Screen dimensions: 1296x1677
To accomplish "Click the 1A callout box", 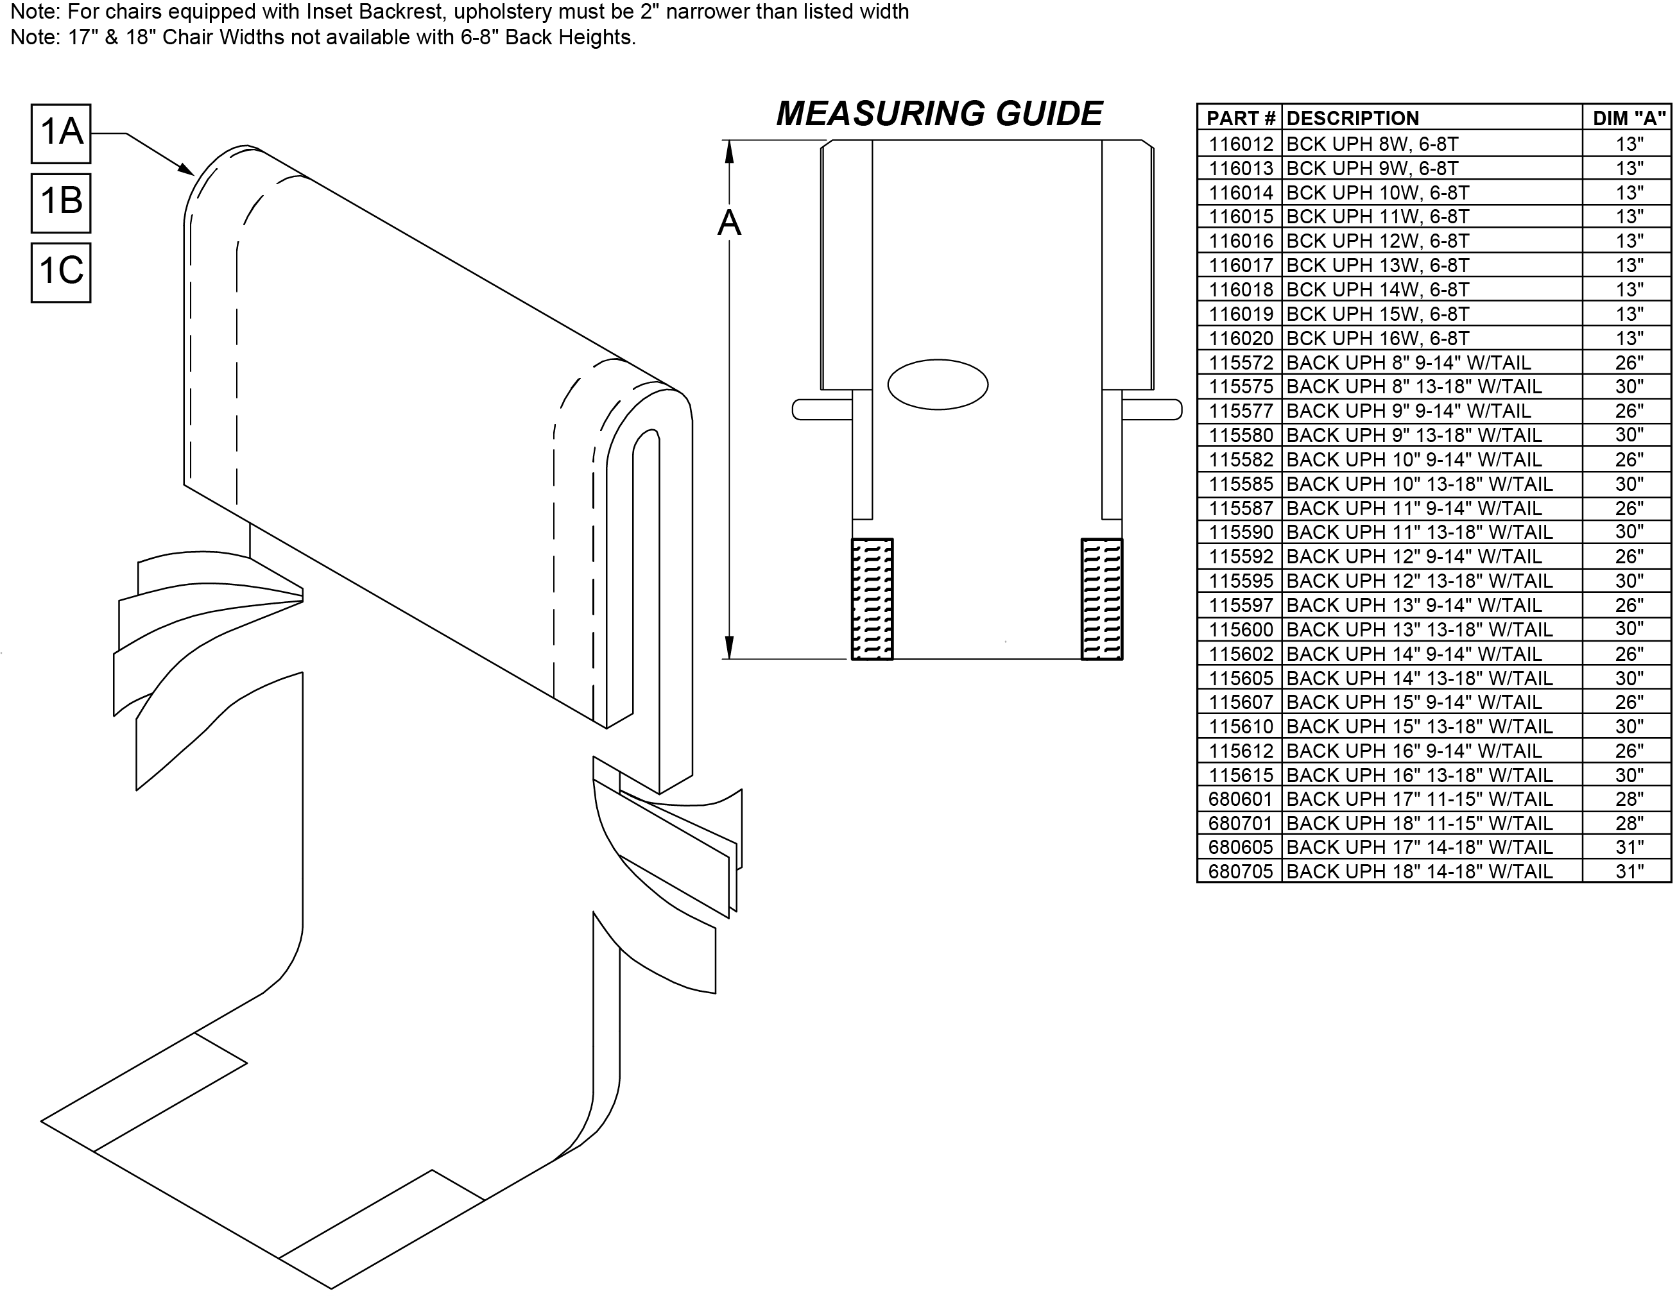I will (61, 133).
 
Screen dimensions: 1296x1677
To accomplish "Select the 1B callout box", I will (61, 203).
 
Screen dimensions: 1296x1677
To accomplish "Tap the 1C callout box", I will (61, 273).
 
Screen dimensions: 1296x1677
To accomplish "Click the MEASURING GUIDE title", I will (939, 114).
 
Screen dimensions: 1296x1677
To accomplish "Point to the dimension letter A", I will (728, 223).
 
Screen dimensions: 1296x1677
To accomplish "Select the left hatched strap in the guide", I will (872, 599).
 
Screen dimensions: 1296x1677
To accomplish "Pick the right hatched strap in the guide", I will (1102, 599).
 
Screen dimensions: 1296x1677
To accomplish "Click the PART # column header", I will (1240, 118).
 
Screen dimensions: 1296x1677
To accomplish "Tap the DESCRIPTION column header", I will (1352, 118).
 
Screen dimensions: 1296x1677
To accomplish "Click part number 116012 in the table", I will (1241, 144).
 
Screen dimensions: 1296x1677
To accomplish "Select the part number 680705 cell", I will (1240, 871).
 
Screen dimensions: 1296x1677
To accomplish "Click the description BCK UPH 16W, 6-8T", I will (1377, 338).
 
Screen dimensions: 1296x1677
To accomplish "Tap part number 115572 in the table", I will (1241, 362).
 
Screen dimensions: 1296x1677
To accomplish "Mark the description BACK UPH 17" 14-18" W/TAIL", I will (1419, 847).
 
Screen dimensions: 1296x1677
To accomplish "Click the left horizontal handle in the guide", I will (821, 409).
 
